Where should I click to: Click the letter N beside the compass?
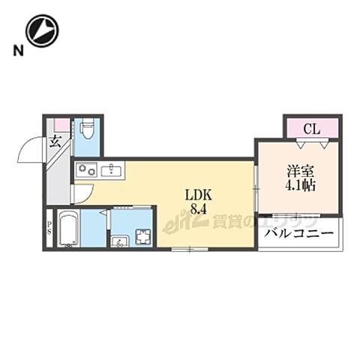16,52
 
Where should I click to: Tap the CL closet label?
312,129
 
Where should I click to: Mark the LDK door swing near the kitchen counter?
79,195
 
